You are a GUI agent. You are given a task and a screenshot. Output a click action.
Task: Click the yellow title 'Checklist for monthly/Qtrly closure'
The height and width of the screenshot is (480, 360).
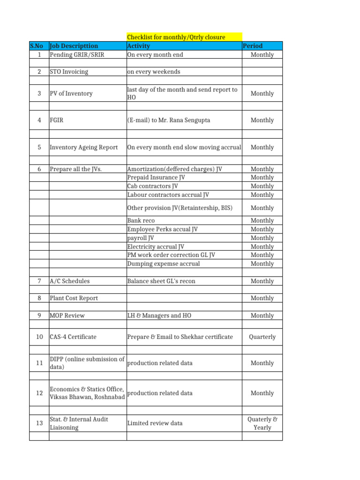[x=176, y=37]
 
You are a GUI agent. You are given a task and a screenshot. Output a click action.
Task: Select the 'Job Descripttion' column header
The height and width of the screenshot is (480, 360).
[x=74, y=46]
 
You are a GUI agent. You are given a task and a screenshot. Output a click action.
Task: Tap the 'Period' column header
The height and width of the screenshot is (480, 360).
[x=253, y=46]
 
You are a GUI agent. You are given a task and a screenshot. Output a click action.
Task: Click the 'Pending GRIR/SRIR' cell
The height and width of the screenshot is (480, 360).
[x=77, y=55]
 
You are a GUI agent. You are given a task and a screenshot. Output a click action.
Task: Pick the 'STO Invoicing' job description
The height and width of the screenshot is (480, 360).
[x=69, y=72]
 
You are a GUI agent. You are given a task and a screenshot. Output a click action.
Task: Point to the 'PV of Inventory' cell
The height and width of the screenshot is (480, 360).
[x=71, y=94]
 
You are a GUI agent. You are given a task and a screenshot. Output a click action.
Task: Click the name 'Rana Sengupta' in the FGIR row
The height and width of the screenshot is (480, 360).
[x=190, y=120]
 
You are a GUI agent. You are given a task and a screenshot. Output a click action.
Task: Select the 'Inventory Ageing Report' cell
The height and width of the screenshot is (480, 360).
[x=84, y=148]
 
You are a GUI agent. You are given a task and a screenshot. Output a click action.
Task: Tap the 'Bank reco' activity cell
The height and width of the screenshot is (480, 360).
[x=141, y=221]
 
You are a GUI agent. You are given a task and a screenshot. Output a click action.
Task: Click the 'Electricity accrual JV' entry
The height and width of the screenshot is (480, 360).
[x=156, y=247]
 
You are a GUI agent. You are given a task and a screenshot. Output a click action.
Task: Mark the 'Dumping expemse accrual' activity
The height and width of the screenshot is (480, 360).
[x=164, y=264]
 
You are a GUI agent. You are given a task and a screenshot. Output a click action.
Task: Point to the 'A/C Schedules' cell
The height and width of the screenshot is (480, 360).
[x=70, y=281]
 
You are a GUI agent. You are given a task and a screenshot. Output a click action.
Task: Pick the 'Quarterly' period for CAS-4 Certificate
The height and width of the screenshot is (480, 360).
[x=262, y=337]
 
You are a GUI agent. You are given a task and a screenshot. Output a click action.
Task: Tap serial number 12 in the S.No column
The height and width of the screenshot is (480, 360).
[x=39, y=393]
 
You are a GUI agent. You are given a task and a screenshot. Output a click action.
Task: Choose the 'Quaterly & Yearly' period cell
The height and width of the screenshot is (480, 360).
[x=262, y=423]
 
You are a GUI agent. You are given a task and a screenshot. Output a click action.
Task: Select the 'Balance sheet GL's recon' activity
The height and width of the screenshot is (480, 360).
[x=161, y=281]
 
